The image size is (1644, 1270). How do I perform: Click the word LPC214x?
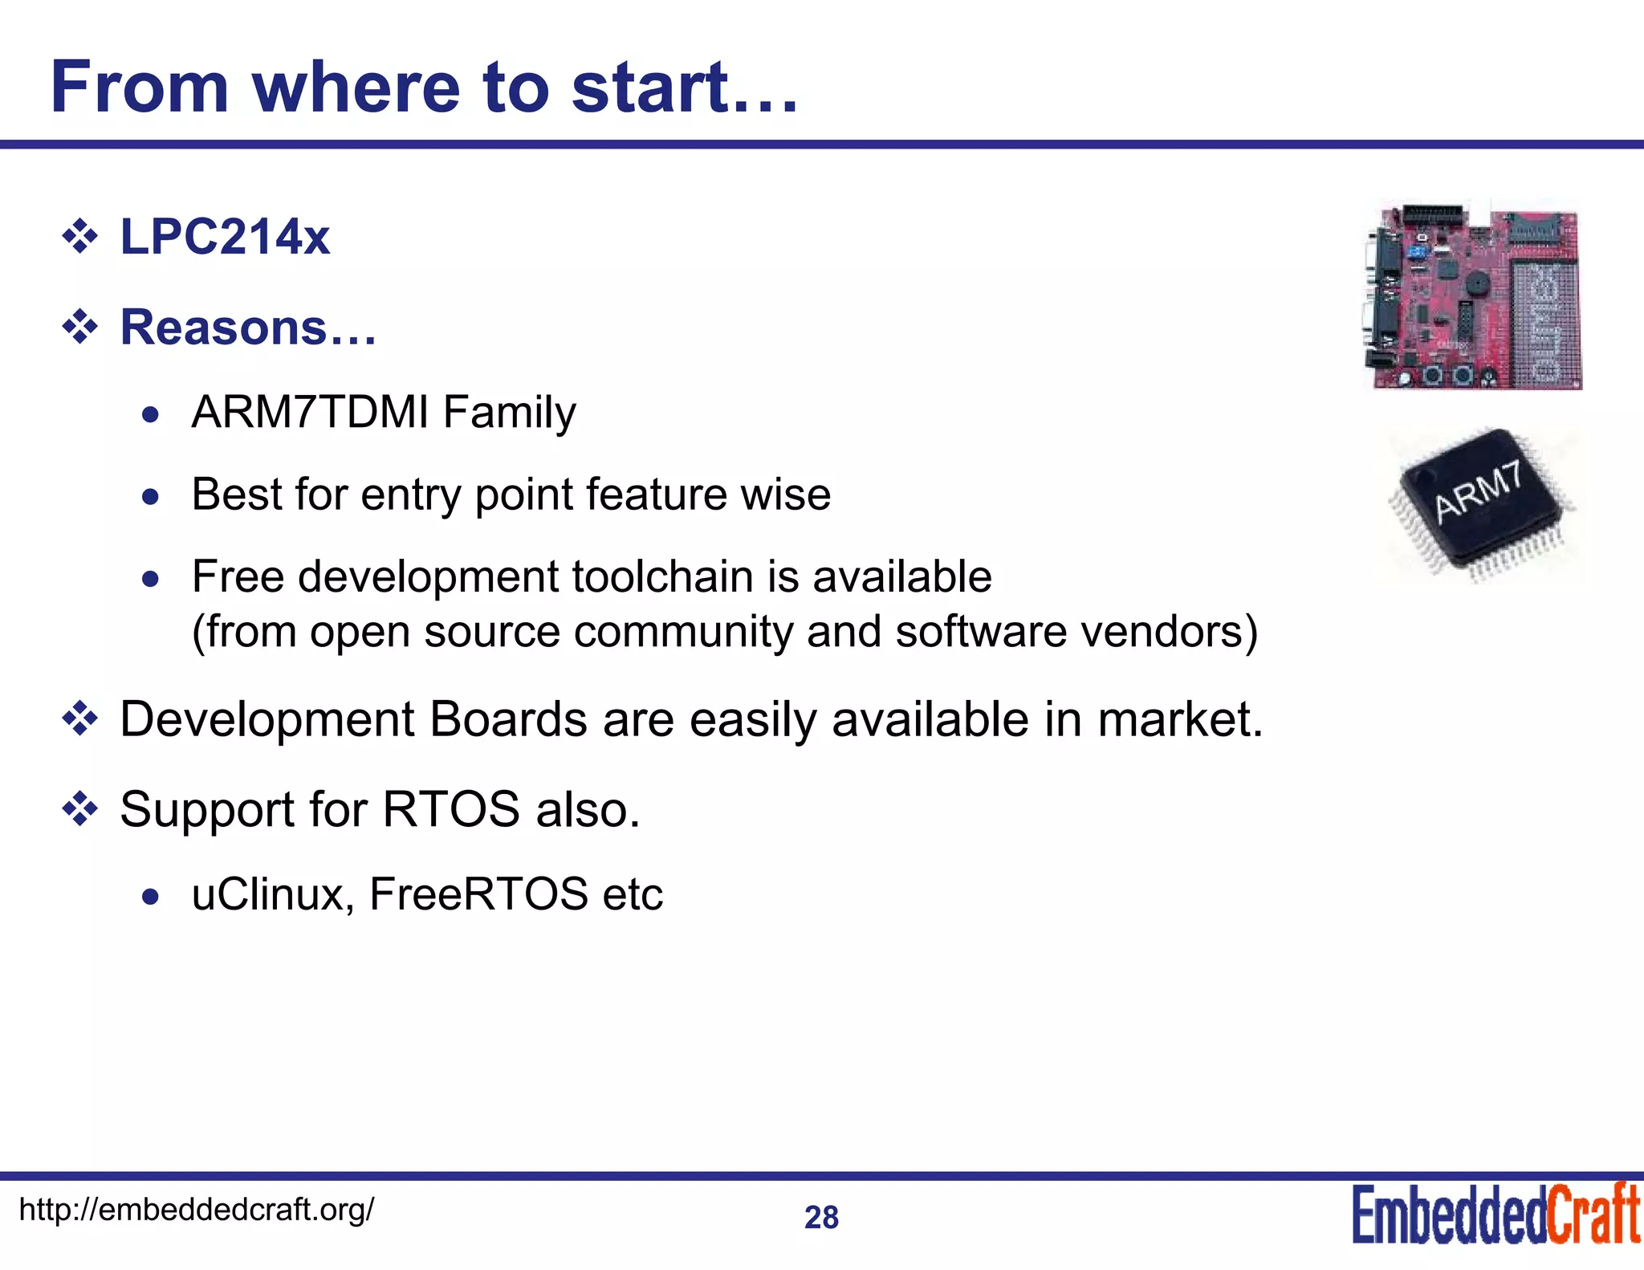click(225, 237)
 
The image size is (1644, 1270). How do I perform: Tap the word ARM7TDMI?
click(310, 413)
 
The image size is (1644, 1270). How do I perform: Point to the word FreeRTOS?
click(478, 894)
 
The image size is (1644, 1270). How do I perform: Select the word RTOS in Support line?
click(451, 809)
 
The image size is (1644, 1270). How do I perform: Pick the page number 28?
click(821, 1218)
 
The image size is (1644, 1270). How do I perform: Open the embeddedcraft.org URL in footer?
click(196, 1209)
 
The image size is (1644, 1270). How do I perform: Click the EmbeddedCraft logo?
click(1495, 1214)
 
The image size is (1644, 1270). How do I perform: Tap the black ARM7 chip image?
click(1480, 503)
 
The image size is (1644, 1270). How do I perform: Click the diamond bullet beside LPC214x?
click(80, 238)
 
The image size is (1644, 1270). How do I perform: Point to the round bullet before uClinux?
click(150, 897)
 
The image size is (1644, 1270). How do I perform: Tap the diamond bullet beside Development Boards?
click(80, 719)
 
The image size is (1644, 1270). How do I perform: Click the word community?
click(683, 632)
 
